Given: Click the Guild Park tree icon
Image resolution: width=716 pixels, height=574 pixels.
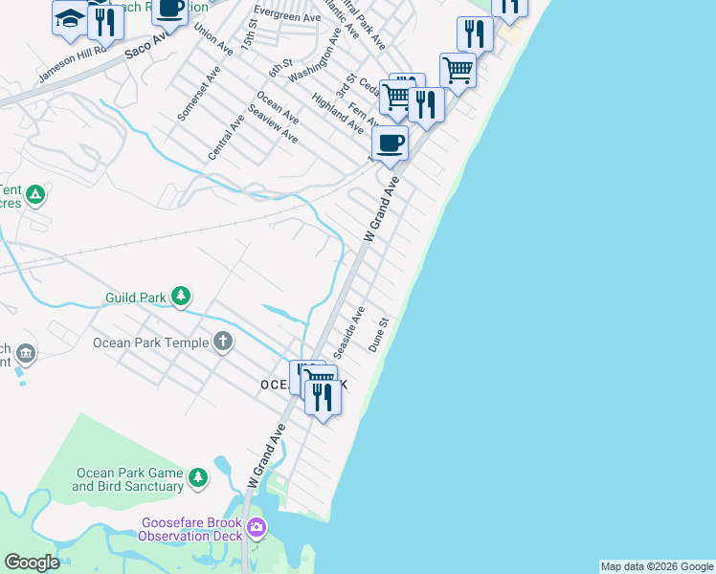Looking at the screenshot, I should pyautogui.click(x=182, y=297).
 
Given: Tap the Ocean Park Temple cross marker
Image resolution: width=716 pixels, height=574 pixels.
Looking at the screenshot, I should pyautogui.click(x=223, y=342).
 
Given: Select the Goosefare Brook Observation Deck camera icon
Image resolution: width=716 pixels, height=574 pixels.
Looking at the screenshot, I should pyautogui.click(x=256, y=527).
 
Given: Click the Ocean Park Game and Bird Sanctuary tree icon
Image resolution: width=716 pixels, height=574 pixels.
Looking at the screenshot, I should pyautogui.click(x=198, y=476).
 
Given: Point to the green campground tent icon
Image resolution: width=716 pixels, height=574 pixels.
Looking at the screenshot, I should pyautogui.click(x=36, y=196).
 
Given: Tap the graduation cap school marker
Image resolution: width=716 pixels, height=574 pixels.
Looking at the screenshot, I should pyautogui.click(x=69, y=19).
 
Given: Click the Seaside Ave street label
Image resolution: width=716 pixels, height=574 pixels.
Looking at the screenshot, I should pyautogui.click(x=349, y=327).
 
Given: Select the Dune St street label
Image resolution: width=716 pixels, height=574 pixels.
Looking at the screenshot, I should pyautogui.click(x=378, y=335).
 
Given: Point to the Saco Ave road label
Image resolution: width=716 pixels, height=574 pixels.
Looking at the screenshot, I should pyautogui.click(x=148, y=48).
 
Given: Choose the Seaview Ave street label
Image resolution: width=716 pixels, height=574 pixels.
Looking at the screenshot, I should pyautogui.click(x=273, y=124).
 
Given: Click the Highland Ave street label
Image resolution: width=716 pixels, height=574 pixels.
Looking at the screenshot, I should pyautogui.click(x=337, y=113).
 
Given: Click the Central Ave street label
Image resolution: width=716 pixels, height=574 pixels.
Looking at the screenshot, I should pyautogui.click(x=227, y=138).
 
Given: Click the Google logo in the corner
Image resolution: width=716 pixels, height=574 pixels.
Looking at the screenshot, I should pyautogui.click(x=32, y=563).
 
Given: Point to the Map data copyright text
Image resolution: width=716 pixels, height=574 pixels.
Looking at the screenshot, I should pyautogui.click(x=657, y=566).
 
